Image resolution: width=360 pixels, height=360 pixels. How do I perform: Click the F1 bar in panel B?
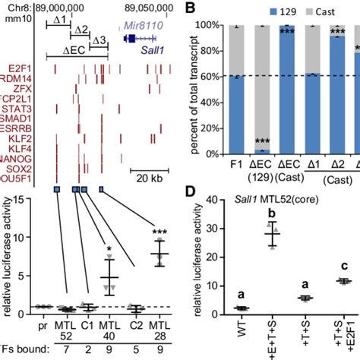pos(218,114)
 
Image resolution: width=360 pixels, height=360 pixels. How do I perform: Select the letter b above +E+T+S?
pos(268,214)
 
